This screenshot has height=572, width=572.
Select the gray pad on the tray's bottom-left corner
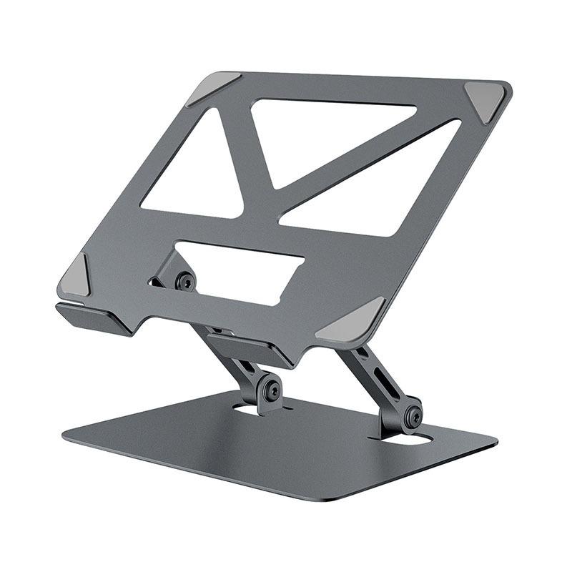coord(77,277)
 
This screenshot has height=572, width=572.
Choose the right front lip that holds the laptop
coord(250,349)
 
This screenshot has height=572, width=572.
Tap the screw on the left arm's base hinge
coord(271,390)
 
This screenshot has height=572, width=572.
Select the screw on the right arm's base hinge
coord(412,417)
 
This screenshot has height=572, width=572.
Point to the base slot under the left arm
coord(250,410)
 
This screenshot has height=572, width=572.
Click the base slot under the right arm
coord(408,442)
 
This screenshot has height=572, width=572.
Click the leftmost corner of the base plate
coord(66,433)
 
